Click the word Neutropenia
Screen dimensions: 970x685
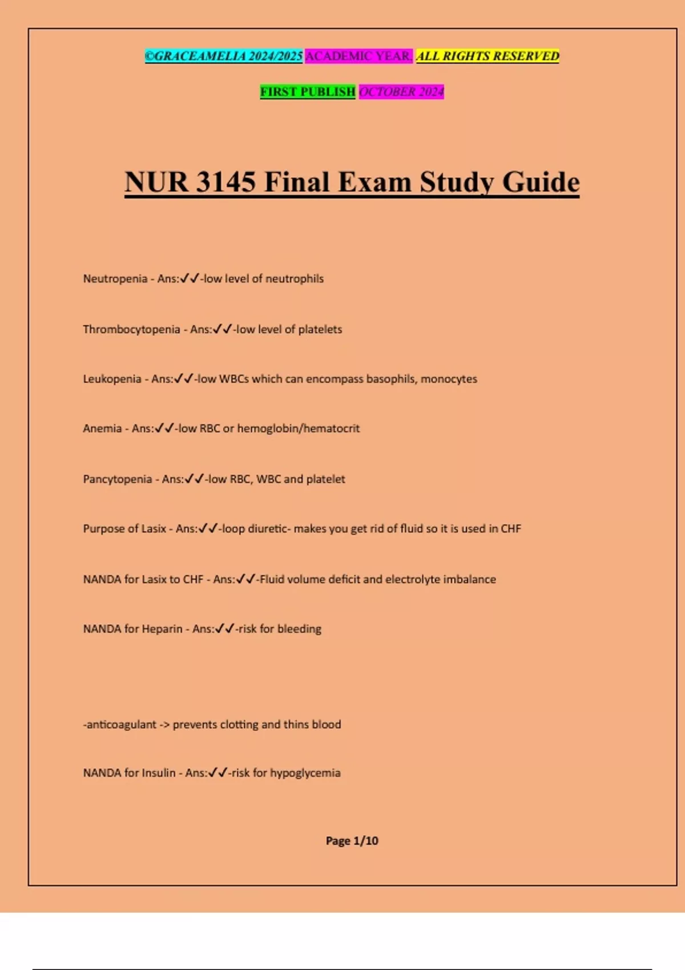coord(115,279)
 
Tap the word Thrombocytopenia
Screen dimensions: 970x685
coord(131,330)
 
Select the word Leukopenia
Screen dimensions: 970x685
coord(112,379)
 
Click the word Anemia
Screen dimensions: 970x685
coord(102,429)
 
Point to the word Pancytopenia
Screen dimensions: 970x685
coord(117,479)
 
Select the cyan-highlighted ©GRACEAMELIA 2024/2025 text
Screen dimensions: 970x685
coord(224,56)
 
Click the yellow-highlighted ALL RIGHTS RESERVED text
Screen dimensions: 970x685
coord(487,56)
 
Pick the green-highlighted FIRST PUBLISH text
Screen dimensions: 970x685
coord(308,92)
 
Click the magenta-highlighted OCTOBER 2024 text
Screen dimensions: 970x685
coord(401,92)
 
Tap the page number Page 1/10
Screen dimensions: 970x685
coord(352,840)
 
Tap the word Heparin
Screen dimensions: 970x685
coord(162,629)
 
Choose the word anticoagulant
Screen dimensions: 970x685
coord(121,725)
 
